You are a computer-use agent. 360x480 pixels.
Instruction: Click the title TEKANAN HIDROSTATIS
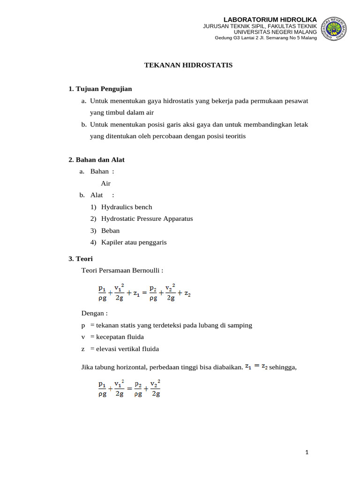click(188, 65)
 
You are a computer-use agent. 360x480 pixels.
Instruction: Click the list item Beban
click(110, 231)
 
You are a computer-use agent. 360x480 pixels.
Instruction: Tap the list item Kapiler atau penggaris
click(134, 242)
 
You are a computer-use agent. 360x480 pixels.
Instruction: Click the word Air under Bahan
click(106, 183)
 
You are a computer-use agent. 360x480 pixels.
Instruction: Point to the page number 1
click(307, 452)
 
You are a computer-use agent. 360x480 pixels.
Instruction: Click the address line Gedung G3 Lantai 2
click(265, 38)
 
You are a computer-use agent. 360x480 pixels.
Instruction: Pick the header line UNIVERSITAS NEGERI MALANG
click(275, 31)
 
